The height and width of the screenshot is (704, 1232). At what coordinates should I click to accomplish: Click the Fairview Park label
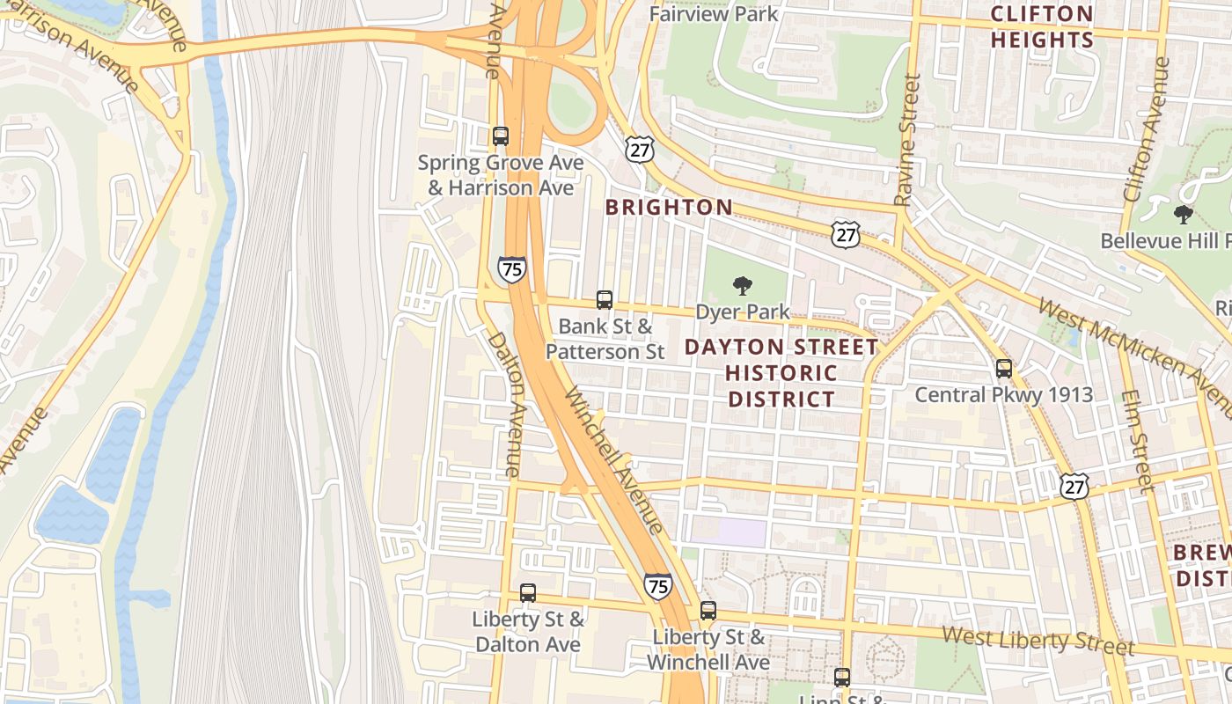click(714, 14)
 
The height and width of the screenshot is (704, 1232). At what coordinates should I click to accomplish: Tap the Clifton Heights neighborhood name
click(1042, 27)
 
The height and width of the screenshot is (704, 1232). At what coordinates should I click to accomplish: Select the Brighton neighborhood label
click(669, 208)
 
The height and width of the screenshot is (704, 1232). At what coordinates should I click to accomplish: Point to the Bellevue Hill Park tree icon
click(1184, 214)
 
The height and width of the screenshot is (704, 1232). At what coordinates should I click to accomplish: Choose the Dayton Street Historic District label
click(781, 372)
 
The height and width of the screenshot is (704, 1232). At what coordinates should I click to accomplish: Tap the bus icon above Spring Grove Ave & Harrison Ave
click(501, 136)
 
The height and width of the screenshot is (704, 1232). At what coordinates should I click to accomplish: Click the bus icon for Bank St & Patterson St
click(605, 300)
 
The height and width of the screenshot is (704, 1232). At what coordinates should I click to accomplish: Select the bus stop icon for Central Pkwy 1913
click(1004, 369)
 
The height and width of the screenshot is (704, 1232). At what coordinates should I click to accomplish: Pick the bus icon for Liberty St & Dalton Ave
click(528, 593)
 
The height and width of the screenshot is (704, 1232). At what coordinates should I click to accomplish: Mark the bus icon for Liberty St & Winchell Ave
click(708, 611)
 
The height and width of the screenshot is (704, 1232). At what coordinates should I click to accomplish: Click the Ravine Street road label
click(907, 141)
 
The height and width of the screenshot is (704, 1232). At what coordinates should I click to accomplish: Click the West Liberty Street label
click(1038, 640)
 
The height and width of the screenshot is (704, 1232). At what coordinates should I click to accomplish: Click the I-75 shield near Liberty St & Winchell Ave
click(657, 585)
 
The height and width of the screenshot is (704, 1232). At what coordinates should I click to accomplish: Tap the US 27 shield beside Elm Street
click(1074, 486)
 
